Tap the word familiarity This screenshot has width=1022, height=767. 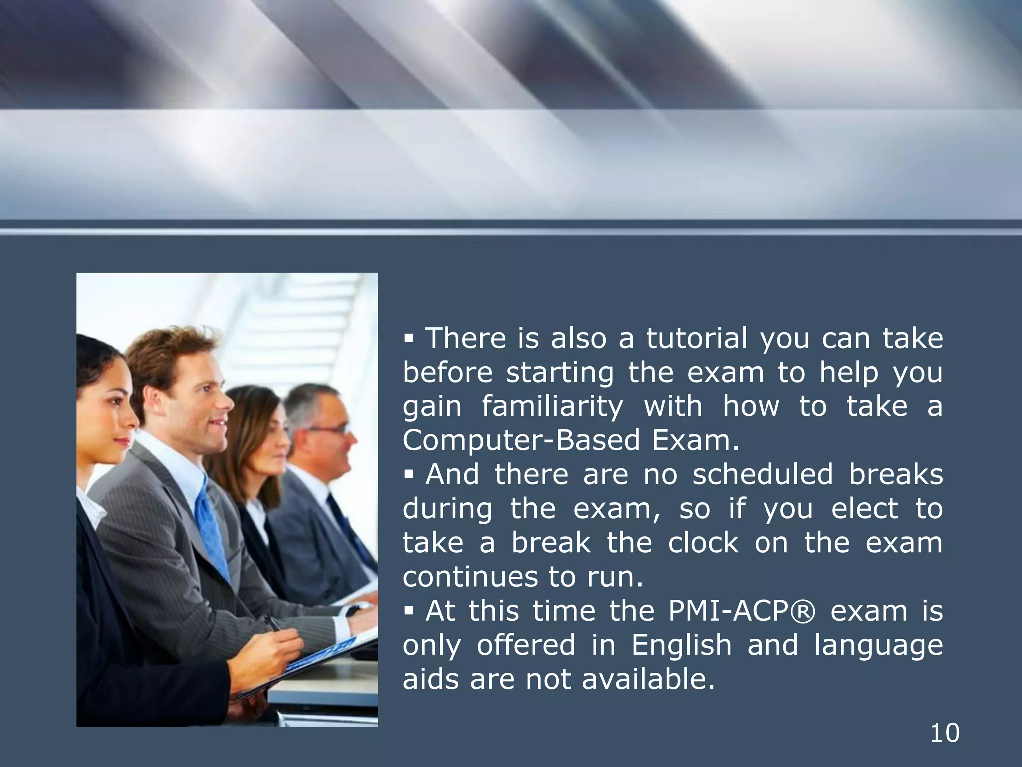pyautogui.click(x=552, y=406)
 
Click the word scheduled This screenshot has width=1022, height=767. pyautogui.click(x=763, y=474)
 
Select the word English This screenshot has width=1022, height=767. pyautogui.click(x=681, y=645)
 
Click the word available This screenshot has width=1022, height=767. pyautogui.click(x=648, y=679)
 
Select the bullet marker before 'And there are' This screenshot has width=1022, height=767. pyautogui.click(x=409, y=475)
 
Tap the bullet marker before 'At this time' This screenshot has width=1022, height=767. pyautogui.click(x=409, y=612)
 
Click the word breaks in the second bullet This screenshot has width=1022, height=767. pyautogui.click(x=896, y=474)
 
